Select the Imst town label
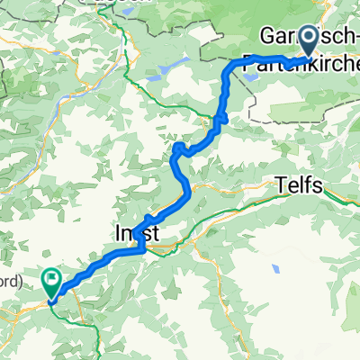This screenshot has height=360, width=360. click(138, 233)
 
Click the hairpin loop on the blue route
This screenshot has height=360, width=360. click(180, 147)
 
